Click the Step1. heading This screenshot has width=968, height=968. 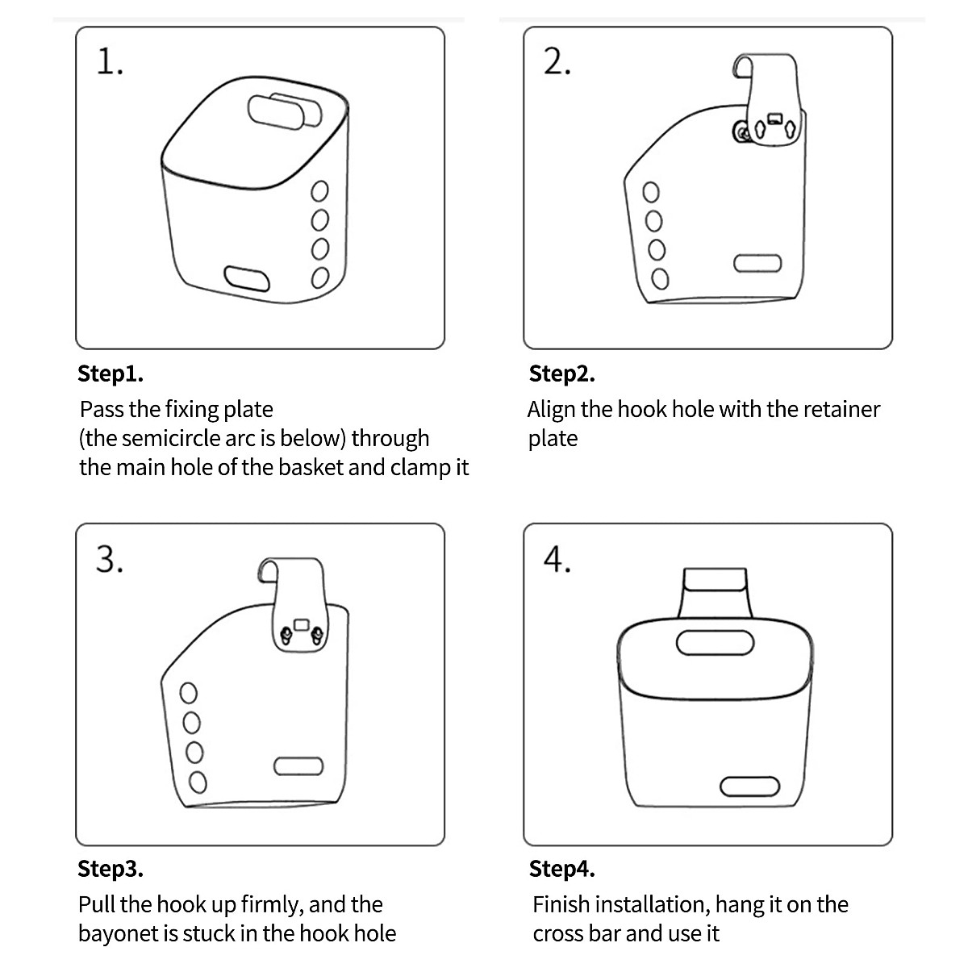click(x=111, y=374)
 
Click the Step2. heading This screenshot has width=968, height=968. click(x=561, y=374)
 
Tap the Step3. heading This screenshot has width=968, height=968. click(x=111, y=869)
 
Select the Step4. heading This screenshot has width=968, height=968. click(x=561, y=869)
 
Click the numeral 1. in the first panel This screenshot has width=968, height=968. click(x=110, y=62)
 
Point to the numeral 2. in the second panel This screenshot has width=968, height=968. click(x=557, y=62)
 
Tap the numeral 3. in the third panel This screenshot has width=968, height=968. click(x=110, y=559)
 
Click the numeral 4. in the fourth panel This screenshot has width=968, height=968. click(x=557, y=559)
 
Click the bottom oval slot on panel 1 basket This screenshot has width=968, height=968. click(x=247, y=278)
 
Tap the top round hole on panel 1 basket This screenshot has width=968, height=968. click(x=319, y=191)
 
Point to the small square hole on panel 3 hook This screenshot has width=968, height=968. click(x=301, y=624)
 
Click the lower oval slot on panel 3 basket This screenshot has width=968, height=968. click(x=298, y=766)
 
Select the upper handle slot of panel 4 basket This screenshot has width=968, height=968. click(x=715, y=642)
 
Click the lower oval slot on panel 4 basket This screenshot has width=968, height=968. click(x=749, y=786)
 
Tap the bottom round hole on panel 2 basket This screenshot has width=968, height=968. click(x=660, y=279)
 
